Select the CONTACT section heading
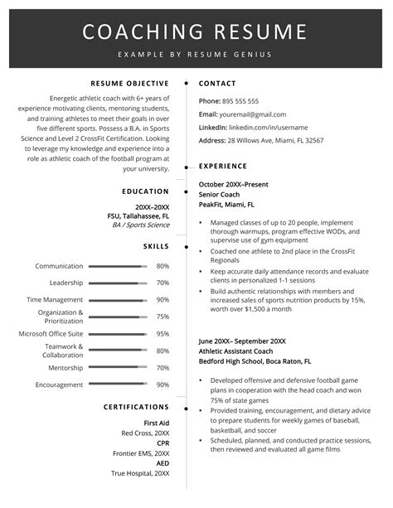(217, 83)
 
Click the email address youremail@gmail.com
(252, 114)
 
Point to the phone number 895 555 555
(240, 100)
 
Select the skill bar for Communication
(117, 266)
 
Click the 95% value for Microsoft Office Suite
(163, 334)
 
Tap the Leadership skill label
(66, 283)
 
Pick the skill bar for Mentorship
(117, 368)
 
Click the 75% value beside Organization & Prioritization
(163, 317)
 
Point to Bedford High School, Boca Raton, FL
(255, 361)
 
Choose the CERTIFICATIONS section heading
(136, 407)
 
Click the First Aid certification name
(156, 423)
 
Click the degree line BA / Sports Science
(140, 225)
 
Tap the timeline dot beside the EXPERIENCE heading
(186, 166)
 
